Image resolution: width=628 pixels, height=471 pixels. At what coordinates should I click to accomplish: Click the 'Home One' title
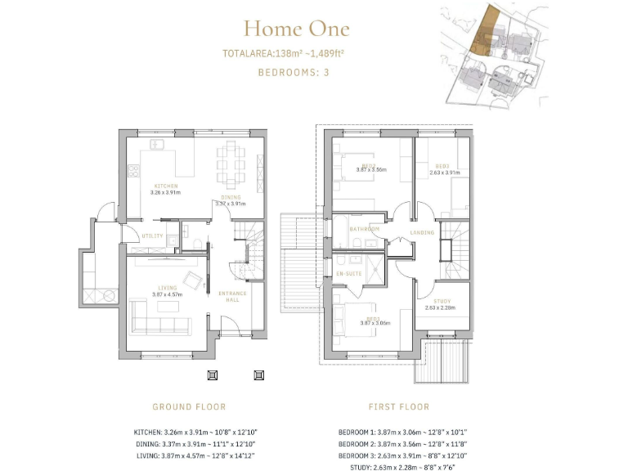tap(296, 29)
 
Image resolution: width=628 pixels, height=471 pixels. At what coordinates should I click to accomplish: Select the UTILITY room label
tap(153, 236)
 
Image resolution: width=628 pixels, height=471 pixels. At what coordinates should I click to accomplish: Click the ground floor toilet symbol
tap(196, 241)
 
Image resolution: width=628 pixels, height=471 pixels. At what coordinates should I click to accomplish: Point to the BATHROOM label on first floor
tap(364, 229)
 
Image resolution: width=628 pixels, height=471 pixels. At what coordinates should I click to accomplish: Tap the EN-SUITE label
tap(349, 273)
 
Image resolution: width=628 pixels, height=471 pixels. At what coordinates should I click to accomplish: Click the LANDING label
tap(422, 232)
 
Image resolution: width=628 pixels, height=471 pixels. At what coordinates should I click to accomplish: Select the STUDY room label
tap(442, 302)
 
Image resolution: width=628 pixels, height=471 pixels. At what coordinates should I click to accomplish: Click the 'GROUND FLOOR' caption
tap(189, 406)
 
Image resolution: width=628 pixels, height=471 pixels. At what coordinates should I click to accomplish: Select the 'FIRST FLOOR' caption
tap(399, 406)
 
